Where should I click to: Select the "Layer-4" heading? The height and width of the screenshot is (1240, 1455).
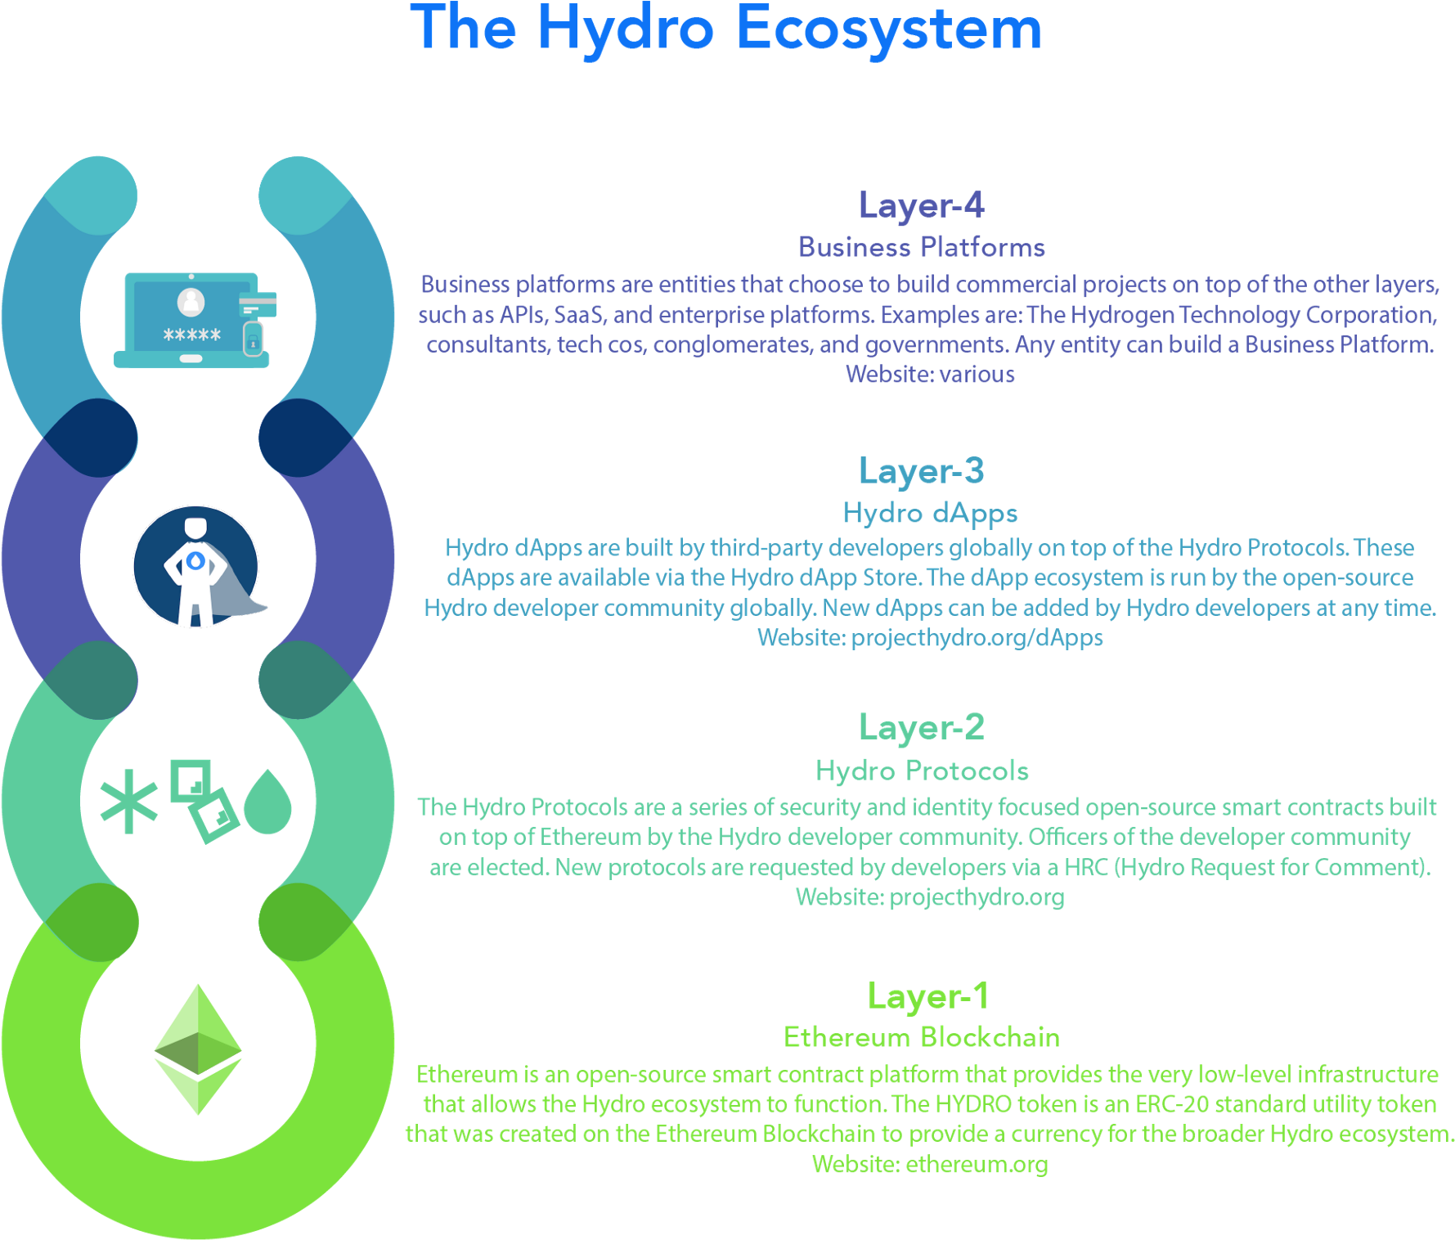(922, 204)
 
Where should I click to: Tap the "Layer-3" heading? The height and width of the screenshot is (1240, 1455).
(922, 470)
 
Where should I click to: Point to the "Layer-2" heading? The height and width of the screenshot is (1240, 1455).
(922, 727)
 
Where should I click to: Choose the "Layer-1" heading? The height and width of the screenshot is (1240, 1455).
(928, 996)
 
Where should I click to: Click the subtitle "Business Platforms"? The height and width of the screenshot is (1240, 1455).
(922, 247)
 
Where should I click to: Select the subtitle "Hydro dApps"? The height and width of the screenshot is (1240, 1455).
(930, 514)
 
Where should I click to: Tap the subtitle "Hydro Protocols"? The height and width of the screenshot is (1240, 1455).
(922, 771)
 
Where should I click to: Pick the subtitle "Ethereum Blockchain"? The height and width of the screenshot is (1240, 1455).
(922, 1037)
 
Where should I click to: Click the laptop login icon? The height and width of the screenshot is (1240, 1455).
(195, 320)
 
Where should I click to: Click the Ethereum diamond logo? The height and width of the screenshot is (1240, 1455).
(198, 1049)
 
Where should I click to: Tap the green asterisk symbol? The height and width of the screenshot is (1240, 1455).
(128, 802)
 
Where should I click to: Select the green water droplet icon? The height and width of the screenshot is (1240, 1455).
(267, 802)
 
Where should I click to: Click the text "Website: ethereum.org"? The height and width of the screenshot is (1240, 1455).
(930, 1164)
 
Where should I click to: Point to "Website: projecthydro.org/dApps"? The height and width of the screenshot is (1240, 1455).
(930, 637)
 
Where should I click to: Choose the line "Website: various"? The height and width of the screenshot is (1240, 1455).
(930, 374)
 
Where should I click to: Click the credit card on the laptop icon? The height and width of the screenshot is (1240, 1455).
(258, 304)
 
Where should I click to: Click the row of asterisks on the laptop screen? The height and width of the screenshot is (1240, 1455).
(192, 335)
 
